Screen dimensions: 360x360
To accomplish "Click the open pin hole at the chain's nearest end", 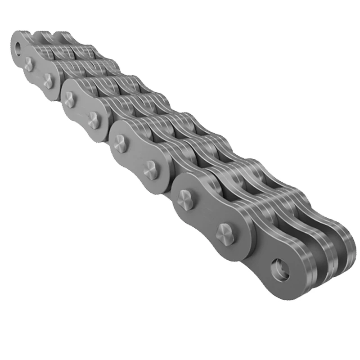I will click(280, 268).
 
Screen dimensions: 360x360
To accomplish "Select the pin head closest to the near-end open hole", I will click(224, 232).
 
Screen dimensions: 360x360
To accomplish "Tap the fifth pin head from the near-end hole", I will click(94, 120).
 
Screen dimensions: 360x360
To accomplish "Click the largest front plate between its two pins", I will click(205, 217).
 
